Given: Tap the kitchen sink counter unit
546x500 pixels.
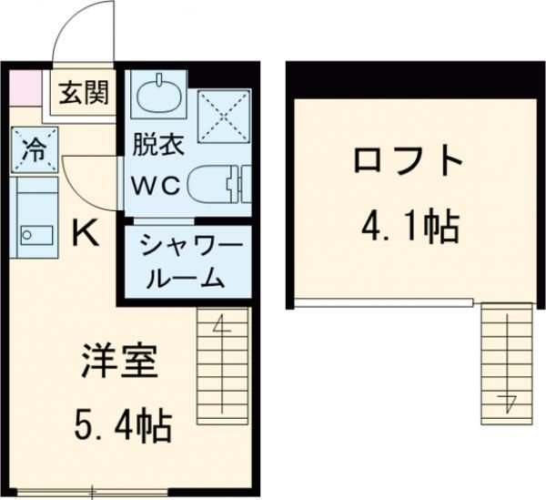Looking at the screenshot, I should pos(35,218).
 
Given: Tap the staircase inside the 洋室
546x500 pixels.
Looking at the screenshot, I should pos(222,364).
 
